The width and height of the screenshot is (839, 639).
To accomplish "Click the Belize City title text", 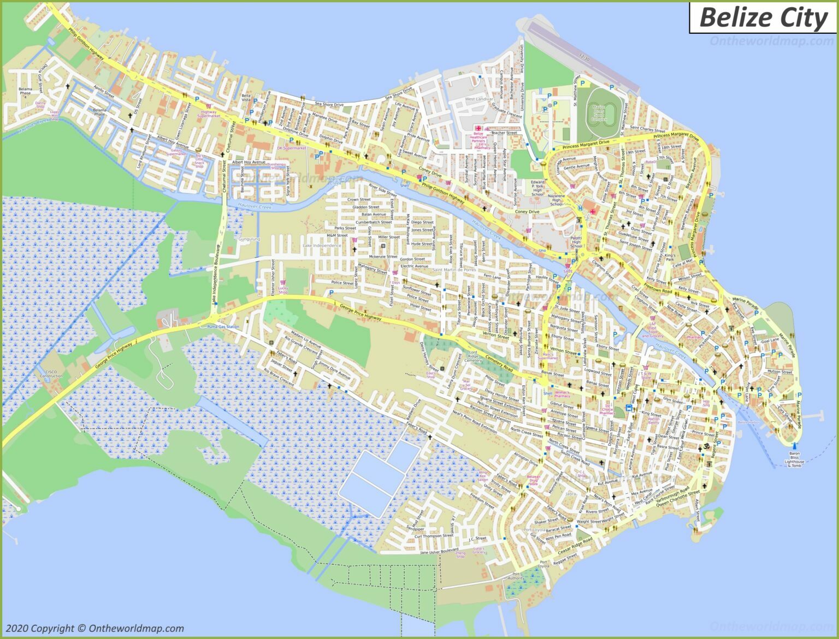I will (763, 17).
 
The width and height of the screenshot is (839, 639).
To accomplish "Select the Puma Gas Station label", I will (223, 326).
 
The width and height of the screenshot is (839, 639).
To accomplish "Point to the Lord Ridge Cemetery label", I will (473, 357).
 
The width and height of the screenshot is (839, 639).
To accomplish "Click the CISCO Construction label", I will (51, 373).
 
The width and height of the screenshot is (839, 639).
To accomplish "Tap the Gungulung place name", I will (249, 239).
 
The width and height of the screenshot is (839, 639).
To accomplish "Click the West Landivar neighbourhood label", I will (478, 99).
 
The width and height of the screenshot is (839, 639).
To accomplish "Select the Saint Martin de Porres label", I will (454, 270).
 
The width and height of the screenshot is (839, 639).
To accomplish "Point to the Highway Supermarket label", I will (208, 114).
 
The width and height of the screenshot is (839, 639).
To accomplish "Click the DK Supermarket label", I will (292, 148).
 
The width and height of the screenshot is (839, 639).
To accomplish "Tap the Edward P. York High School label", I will (537, 188).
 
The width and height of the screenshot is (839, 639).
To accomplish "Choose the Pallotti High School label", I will (576, 242).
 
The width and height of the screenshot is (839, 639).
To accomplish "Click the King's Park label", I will (670, 257).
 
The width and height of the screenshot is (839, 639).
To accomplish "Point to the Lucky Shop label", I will (283, 290).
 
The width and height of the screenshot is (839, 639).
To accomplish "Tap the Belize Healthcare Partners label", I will (478, 139).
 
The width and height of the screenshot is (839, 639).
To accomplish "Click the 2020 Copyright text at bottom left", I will (94, 628).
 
